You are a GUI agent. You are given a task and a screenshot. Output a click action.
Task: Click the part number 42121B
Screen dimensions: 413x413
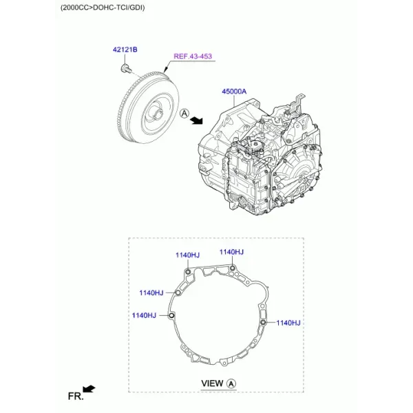tap(125, 50)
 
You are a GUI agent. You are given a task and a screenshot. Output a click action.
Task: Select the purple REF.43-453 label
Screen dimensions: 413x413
tap(193, 56)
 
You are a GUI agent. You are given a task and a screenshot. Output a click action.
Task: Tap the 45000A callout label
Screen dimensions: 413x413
tap(234, 92)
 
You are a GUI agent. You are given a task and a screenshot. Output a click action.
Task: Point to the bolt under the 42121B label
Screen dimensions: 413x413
tap(126, 68)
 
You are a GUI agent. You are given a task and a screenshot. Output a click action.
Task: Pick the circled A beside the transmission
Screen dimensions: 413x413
tap(184, 114)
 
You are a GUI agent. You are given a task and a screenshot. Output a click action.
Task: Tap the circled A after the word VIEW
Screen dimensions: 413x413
tap(231, 384)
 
